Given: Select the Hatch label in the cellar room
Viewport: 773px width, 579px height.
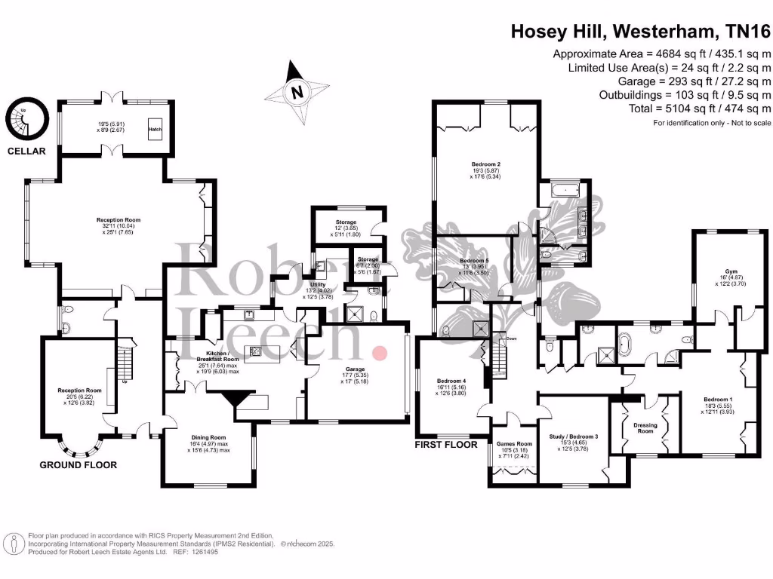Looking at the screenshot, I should [x=156, y=129].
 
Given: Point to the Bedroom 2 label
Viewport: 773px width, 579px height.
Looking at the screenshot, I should [x=485, y=164].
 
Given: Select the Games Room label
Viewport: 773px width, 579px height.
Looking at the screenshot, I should [x=514, y=444].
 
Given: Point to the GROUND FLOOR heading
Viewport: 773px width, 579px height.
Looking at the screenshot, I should [x=78, y=465].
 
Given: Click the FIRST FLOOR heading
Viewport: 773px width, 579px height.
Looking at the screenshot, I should [x=446, y=445].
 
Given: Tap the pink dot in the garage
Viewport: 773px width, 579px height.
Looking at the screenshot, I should [x=380, y=352].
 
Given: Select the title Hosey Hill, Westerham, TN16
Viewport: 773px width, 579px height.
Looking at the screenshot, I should [x=641, y=31].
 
